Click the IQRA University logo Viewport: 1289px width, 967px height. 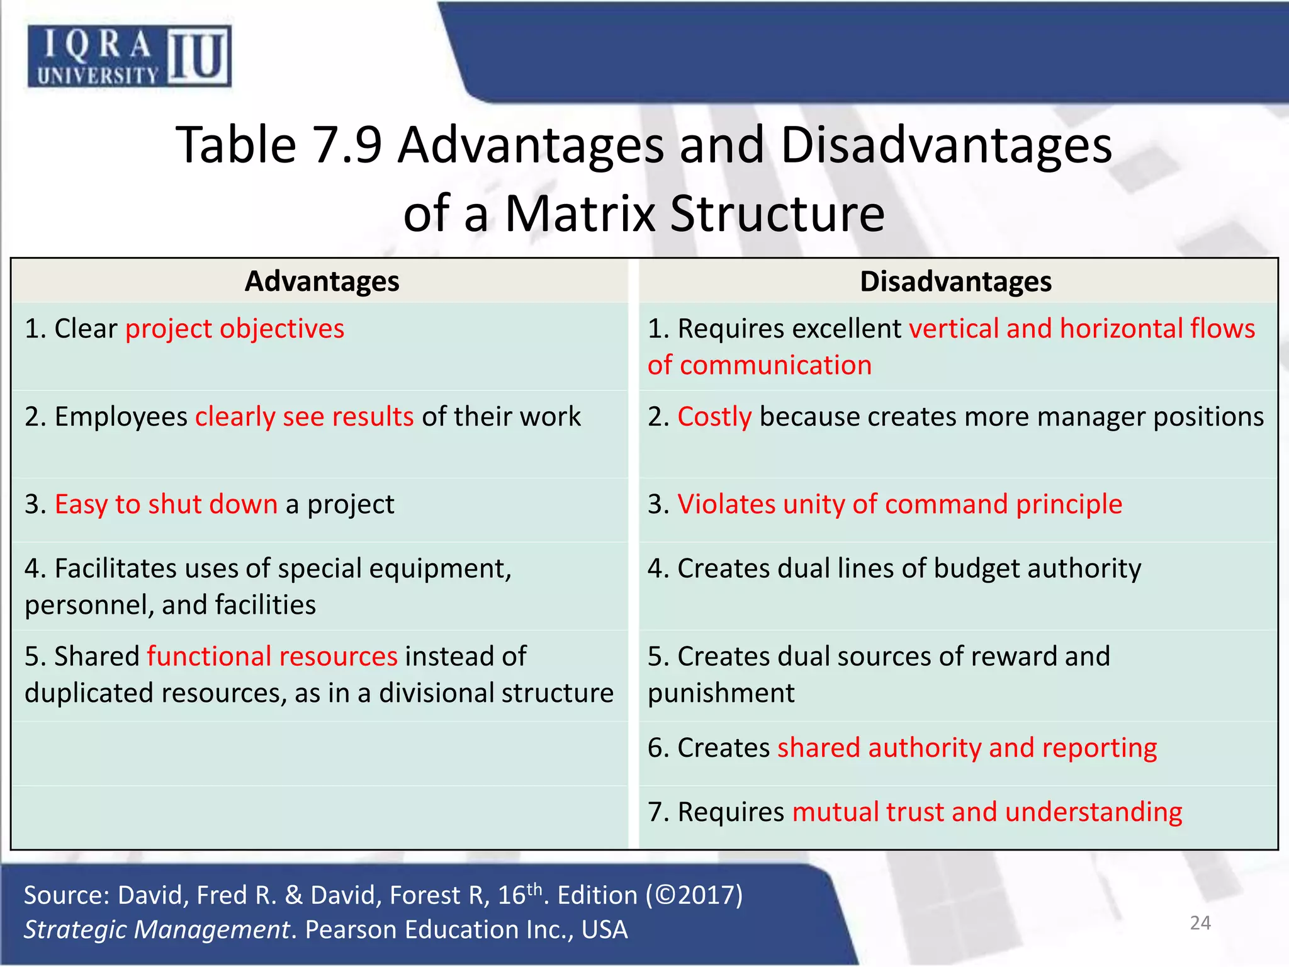(x=129, y=56)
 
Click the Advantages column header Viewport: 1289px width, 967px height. (x=322, y=281)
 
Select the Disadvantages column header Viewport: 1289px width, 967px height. (x=955, y=281)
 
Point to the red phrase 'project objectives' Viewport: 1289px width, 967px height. (x=235, y=329)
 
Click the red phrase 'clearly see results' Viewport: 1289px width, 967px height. (x=304, y=417)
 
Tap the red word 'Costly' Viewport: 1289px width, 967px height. (x=714, y=417)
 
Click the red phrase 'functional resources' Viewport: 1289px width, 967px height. (x=272, y=657)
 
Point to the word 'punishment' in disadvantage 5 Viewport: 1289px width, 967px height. (x=721, y=693)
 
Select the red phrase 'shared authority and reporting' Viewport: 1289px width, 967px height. (x=967, y=748)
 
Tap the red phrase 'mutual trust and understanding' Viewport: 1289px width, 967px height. (x=987, y=812)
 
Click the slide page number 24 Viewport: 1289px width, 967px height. (x=1200, y=923)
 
